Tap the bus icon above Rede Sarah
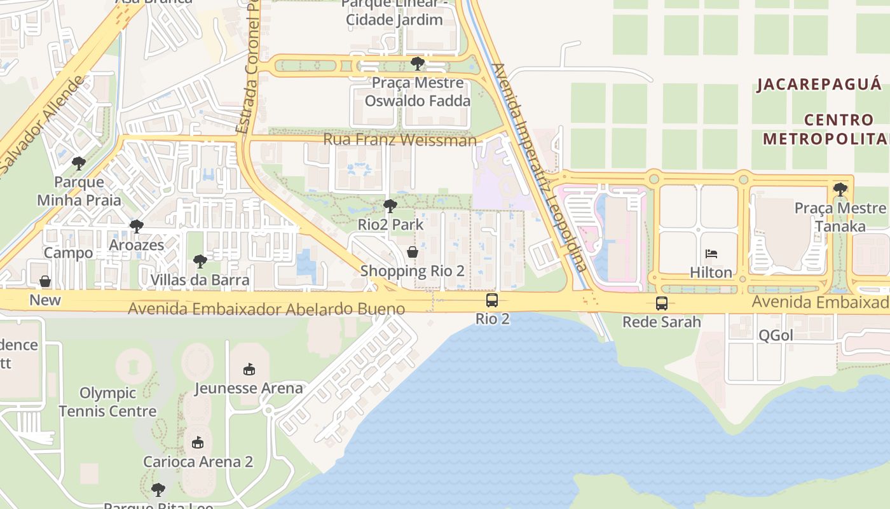click(x=662, y=303)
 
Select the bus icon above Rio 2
click(x=492, y=300)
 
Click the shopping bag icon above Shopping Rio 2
click(x=413, y=253)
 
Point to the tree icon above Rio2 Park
click(x=390, y=206)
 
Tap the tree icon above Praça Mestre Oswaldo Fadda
click(x=418, y=64)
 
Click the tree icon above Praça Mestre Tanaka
click(x=840, y=189)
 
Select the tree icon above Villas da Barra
click(x=200, y=261)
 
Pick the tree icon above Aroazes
click(x=137, y=227)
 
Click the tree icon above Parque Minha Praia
click(x=79, y=164)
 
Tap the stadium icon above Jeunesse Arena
click(x=249, y=370)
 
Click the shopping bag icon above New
click(x=45, y=281)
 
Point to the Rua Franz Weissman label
click(x=400, y=139)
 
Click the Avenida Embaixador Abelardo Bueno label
click(x=266, y=309)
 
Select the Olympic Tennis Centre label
click(x=107, y=402)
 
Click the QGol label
click(x=776, y=335)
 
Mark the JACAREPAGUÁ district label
click(x=819, y=85)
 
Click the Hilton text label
click(x=711, y=272)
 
